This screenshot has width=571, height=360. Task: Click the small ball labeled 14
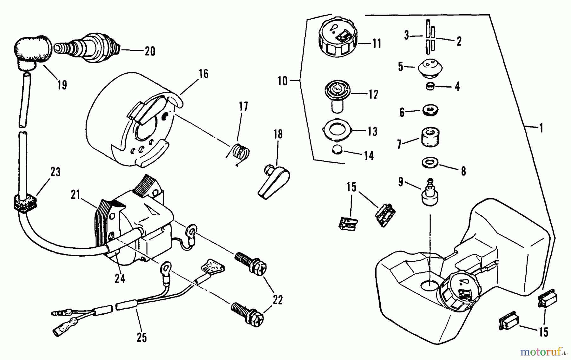(337, 150)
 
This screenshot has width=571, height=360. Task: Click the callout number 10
(282, 81)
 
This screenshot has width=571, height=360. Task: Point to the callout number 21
(75, 195)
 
